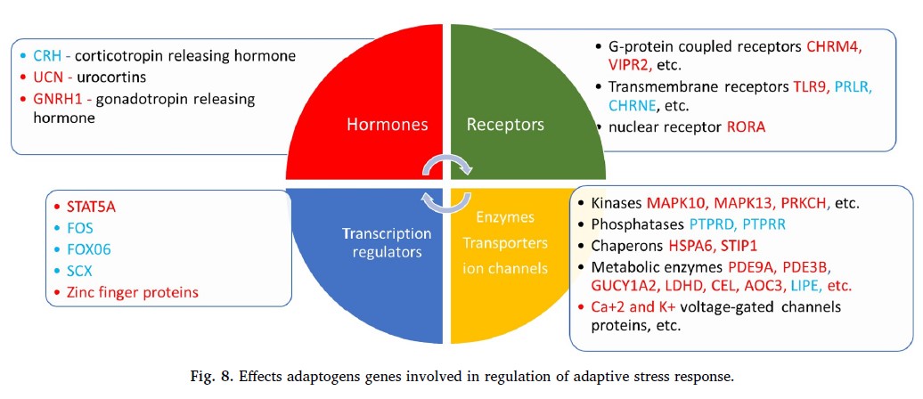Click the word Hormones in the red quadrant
(x=386, y=125)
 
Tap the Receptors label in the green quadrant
(x=505, y=125)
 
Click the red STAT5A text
(x=89, y=208)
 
